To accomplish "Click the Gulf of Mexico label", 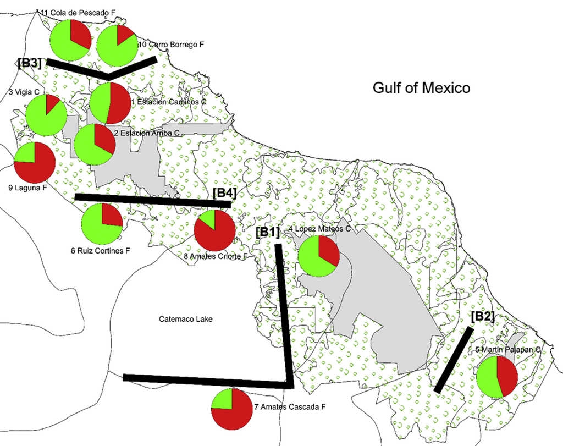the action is (x=421, y=87).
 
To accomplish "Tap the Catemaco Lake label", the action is (x=185, y=319).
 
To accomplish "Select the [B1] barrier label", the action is (x=268, y=232).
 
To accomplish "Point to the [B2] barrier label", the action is (x=483, y=317).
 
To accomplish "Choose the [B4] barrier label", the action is (x=224, y=193).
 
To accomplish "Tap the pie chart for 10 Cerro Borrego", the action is (x=117, y=45).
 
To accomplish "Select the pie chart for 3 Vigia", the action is (x=46, y=115).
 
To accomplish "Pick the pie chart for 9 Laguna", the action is (x=34, y=162).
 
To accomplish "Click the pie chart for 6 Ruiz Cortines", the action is (x=102, y=224).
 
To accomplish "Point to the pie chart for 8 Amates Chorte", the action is (x=215, y=230).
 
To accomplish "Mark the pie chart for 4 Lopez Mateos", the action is (x=318, y=256).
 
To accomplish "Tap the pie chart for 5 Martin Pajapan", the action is (x=497, y=377).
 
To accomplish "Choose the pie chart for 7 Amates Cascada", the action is (x=231, y=408).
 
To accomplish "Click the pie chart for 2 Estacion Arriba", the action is (x=95, y=144).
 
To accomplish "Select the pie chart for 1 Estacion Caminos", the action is (x=110, y=103).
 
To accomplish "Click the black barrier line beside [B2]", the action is (x=454, y=360).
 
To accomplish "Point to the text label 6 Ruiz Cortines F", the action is (x=100, y=251).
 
